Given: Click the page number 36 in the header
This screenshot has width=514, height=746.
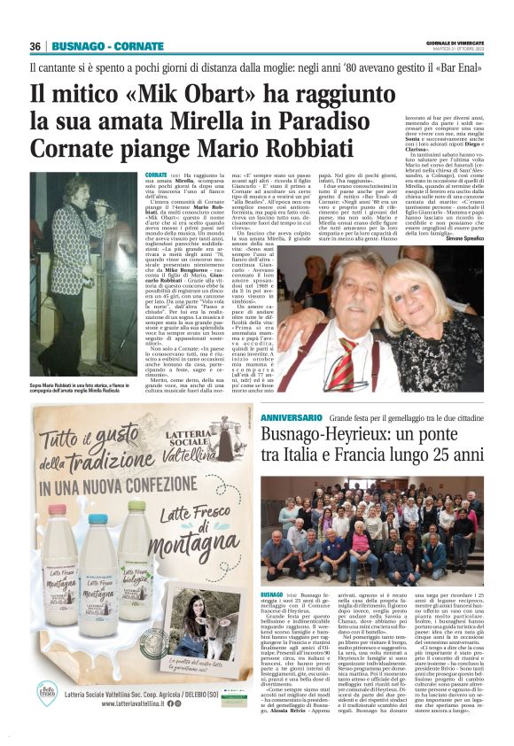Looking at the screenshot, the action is tap(35, 46).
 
